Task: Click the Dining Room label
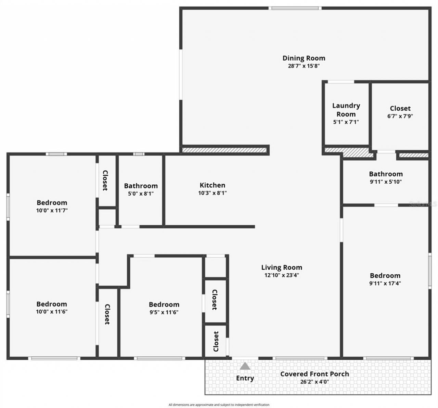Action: tap(304, 58)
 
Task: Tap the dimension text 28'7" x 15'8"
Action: tap(304, 66)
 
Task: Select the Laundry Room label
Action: tap(346, 110)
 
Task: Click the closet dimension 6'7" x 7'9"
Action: tap(400, 116)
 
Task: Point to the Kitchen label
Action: tap(212, 185)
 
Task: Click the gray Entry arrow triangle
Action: tap(245, 366)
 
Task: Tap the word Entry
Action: tap(245, 378)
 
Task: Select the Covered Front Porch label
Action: tap(314, 374)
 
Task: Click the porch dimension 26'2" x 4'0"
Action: tap(314, 382)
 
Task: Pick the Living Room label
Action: tap(282, 267)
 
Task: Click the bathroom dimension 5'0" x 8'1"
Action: tap(141, 194)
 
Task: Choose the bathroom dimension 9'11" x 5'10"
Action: tap(386, 182)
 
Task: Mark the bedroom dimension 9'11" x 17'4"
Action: tap(385, 283)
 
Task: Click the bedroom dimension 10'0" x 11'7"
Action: tap(52, 210)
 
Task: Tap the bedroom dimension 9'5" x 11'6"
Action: tap(164, 312)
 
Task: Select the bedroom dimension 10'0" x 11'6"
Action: tap(52, 312)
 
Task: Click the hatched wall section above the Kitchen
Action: tap(224, 150)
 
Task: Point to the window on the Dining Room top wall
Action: tap(295, 8)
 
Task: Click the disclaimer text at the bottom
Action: tap(219, 405)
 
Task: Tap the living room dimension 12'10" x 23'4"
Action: tap(282, 275)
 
